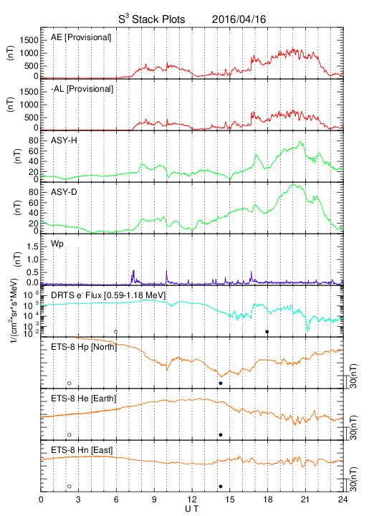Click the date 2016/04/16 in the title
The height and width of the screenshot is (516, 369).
point(239,19)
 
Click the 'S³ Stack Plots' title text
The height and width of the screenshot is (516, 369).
point(152,19)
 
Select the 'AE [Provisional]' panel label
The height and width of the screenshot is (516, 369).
point(81,37)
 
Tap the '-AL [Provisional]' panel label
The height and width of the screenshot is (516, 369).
point(82,89)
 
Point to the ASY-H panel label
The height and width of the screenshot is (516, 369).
point(64,140)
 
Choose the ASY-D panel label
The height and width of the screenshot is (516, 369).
point(64,192)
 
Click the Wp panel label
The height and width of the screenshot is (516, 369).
point(57,244)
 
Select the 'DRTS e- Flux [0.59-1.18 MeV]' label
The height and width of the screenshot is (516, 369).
point(108,295)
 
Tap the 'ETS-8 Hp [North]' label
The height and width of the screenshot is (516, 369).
point(84,347)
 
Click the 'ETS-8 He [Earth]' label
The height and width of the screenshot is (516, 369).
point(84,398)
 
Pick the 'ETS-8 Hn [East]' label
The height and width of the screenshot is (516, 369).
point(82,450)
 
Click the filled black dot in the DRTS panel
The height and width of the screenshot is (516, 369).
point(267,332)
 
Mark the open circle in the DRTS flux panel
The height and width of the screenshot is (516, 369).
point(116,332)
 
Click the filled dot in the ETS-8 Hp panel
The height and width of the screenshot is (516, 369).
point(221,383)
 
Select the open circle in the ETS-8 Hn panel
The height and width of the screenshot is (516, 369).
point(70,486)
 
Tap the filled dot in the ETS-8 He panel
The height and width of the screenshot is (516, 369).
point(221,435)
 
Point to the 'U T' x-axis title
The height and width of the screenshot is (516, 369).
point(192,509)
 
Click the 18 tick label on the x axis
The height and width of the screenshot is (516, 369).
point(268,500)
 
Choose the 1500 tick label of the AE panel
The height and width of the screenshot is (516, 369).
point(29,40)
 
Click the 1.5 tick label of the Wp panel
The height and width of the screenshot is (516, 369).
point(33,247)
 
